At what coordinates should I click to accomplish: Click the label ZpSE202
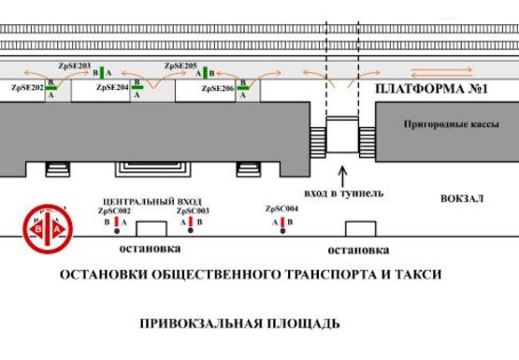[x=27, y=86]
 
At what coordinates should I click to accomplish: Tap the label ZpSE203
[x=74, y=66]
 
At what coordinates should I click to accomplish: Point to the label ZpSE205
[x=180, y=66]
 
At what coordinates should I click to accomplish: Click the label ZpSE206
[x=217, y=86]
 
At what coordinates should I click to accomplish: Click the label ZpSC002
[x=114, y=211]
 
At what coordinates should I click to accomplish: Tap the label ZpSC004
[x=281, y=209]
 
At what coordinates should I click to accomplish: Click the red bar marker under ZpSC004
[x=283, y=223]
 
